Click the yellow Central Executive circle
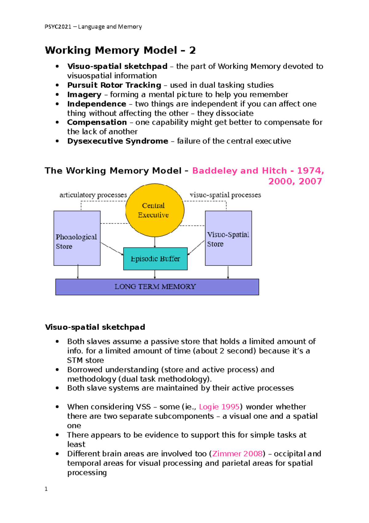coord(155,210)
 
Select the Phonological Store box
coord(77,238)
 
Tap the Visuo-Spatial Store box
coord(228,238)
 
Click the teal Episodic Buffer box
coord(155,259)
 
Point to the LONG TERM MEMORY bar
coord(157,287)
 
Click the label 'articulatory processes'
coord(93,195)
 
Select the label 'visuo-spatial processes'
coord(225,195)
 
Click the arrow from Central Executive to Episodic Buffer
coord(155,242)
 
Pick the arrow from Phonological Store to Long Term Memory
coord(78,272)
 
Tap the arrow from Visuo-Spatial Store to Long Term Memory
coord(228,272)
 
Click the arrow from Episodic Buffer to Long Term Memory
coord(155,274)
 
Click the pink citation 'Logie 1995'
coord(219,407)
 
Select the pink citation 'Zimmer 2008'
coord(237,454)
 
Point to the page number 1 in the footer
coord(46,489)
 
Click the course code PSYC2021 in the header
coord(58,27)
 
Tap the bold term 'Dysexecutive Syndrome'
coord(117,141)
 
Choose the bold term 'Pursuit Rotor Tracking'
coord(114,85)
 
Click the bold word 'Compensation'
coord(97,122)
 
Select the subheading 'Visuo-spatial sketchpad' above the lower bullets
coord(95,327)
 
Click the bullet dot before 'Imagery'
coord(57,95)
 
